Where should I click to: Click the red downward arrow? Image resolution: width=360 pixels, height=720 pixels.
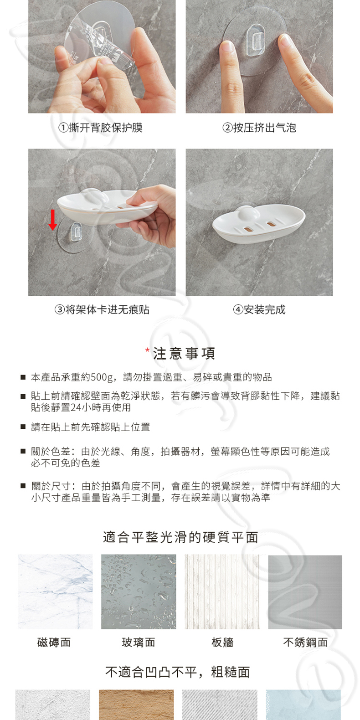coord(53,220)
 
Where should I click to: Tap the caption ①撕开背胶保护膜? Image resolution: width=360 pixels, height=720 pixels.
coord(101,128)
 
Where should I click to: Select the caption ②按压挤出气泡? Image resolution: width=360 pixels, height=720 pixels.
coord(259,128)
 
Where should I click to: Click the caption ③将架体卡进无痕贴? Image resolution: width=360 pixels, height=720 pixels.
coord(102,310)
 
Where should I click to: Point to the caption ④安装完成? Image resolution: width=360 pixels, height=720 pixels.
coord(259,310)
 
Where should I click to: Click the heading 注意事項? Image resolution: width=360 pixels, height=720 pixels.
coord(184,353)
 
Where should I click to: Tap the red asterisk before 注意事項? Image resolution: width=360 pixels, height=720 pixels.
coord(147,350)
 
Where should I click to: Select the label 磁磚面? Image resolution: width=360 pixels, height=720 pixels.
coord(54,643)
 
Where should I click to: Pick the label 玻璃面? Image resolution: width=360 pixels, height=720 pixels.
coord(139,643)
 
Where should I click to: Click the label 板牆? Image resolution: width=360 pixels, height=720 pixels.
coord(222,643)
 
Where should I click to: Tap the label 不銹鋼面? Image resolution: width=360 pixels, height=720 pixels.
coord(305,643)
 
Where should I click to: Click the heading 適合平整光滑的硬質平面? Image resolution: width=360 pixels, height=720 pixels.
coord(180,537)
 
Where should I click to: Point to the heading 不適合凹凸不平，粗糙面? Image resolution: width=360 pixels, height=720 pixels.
coord(178,672)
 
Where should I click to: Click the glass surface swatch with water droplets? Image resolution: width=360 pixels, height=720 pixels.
coord(139,591)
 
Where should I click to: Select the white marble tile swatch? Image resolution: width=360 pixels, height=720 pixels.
coord(55,591)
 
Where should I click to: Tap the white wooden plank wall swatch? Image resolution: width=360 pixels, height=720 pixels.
coord(222,591)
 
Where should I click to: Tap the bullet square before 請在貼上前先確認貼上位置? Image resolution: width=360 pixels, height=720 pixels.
coord(23,427)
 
